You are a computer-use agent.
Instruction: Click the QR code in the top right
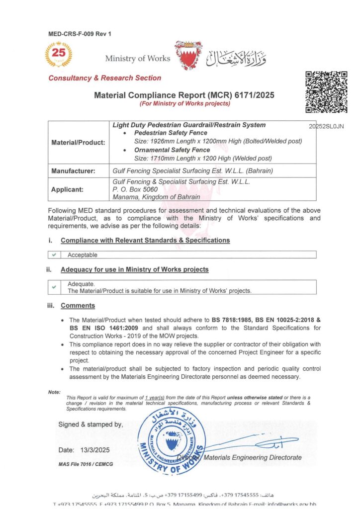click(326, 92)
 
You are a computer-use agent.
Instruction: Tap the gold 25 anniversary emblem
click(58, 54)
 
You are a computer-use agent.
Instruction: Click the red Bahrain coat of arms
click(188, 56)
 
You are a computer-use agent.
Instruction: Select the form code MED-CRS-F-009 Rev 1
click(80, 34)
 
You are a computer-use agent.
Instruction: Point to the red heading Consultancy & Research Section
click(105, 78)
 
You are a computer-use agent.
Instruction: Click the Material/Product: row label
click(78, 143)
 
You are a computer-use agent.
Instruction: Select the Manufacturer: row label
click(73, 170)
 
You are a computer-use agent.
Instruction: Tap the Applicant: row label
click(69, 189)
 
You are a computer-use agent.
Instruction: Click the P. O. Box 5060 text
click(135, 189)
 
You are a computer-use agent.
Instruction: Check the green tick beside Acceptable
click(54, 255)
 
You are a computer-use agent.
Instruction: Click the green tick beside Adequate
click(54, 287)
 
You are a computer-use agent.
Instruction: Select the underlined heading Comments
click(78, 306)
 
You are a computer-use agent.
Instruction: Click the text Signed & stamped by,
click(90, 424)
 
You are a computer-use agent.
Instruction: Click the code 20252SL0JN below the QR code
click(326, 126)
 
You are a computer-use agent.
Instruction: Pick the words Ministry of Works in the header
click(138, 59)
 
